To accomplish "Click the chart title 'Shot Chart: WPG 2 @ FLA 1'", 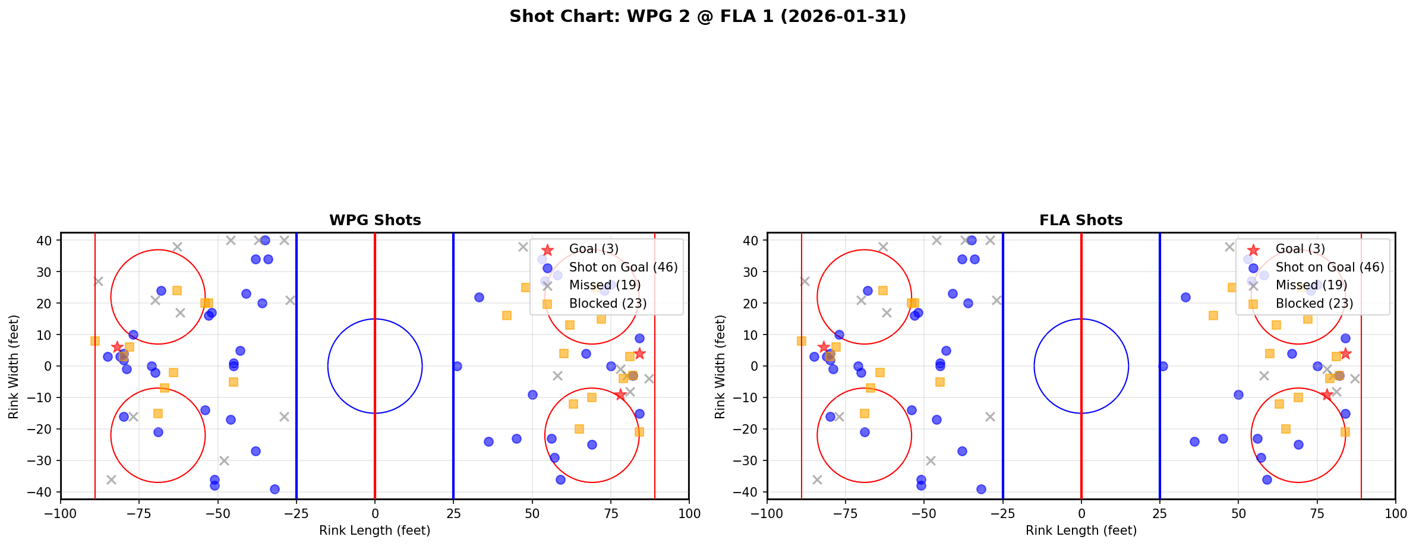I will click(707, 16).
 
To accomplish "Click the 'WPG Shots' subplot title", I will click(375, 220).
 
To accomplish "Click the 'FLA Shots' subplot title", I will click(1081, 220).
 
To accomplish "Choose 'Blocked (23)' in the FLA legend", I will click(1314, 304).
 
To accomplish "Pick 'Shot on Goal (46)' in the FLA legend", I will click(1330, 267).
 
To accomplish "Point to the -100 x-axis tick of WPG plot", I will click(61, 513).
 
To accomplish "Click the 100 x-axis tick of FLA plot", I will click(1395, 513).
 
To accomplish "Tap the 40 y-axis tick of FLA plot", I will click(753, 241).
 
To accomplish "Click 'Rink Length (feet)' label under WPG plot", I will click(374, 531).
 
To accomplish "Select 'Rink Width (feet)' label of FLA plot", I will click(720, 367).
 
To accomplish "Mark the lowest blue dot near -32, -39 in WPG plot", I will click(275, 489).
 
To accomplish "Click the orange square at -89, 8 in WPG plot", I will click(95, 341).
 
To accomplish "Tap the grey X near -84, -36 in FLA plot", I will click(817, 479).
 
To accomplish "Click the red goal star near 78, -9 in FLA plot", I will click(1326, 394).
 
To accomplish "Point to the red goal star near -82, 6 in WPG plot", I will click(117, 347).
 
